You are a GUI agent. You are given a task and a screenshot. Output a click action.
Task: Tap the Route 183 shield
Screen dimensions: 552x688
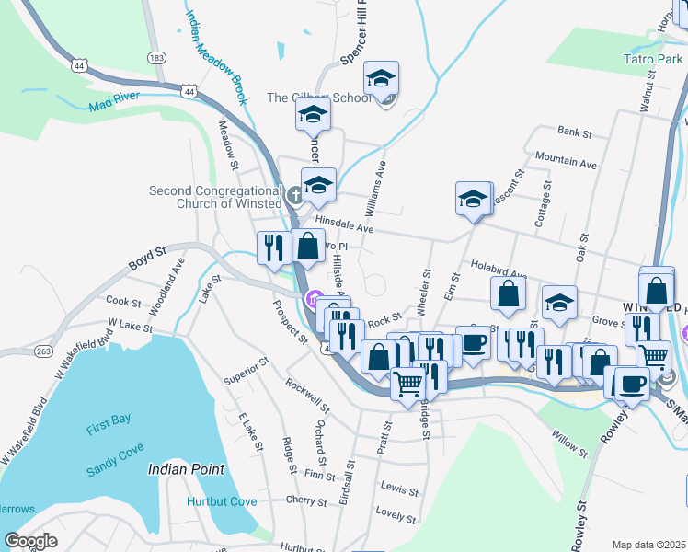156,57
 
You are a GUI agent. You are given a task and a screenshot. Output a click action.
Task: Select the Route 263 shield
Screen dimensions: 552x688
42,351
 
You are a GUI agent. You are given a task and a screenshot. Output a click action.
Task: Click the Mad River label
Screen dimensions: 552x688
115,104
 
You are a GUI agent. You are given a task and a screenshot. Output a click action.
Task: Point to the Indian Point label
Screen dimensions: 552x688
186,469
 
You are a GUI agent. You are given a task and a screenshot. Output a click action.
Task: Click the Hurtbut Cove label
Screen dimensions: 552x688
221,501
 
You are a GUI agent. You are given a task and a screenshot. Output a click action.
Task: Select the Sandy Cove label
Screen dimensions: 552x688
114,444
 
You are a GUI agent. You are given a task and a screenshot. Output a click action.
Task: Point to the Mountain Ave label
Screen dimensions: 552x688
566,162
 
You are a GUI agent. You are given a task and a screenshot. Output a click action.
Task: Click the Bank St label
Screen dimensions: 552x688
574,132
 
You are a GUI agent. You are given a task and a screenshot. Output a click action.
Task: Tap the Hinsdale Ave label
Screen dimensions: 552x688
344,224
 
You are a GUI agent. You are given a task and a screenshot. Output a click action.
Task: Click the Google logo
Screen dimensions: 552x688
31,541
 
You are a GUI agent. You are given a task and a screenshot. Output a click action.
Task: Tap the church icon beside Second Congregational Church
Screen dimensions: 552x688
294,194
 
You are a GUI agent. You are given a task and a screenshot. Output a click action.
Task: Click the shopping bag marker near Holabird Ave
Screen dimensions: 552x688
508,293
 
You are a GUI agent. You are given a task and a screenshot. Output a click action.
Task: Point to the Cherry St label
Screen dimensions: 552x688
306,502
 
